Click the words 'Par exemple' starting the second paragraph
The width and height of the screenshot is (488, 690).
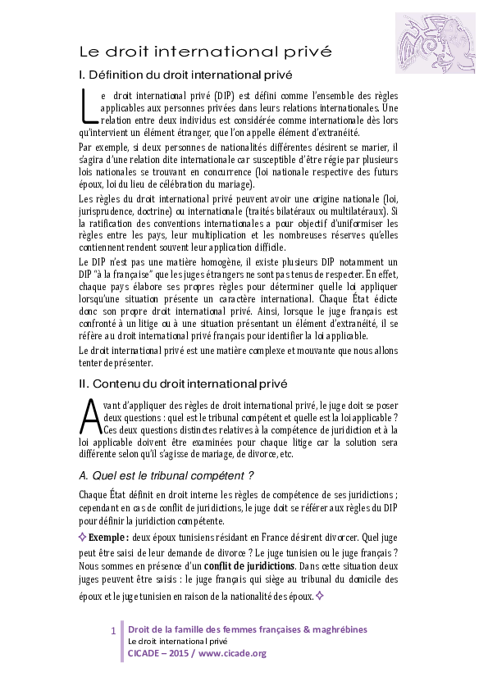(100, 147)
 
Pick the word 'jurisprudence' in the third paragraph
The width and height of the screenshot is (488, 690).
(103, 212)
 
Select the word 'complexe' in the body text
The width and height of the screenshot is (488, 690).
(268, 350)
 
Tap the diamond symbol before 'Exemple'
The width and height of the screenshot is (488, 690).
(82, 537)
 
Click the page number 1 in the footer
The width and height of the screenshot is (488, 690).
(113, 630)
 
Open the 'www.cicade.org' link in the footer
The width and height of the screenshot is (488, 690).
(233, 653)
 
